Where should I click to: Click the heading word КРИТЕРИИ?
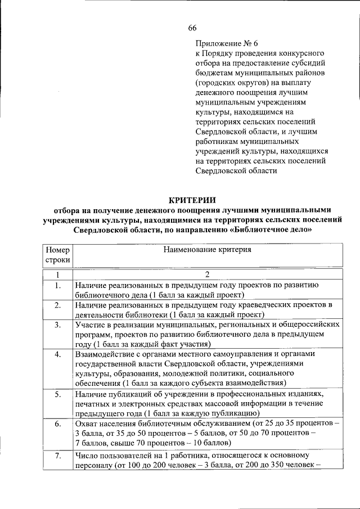point(192,200)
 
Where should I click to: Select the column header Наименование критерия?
point(207,249)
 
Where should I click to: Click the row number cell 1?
point(57,286)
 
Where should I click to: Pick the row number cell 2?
point(57,305)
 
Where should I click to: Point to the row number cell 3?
point(57,325)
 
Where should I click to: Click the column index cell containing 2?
point(207,275)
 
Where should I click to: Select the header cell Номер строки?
point(57,255)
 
